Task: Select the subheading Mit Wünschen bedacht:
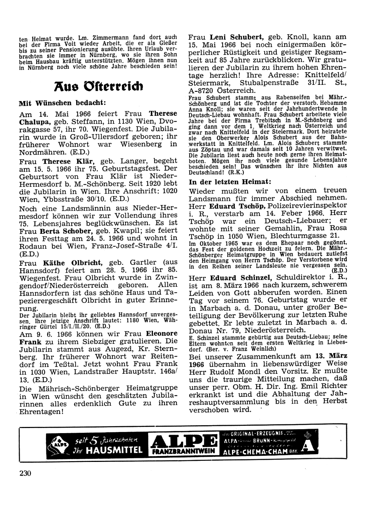click(62, 103)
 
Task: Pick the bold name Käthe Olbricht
click(73, 262)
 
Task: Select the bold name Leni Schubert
click(237, 37)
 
